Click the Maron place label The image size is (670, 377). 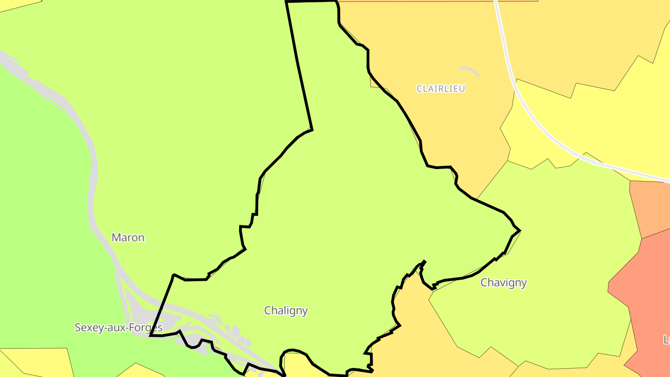pos(128,238)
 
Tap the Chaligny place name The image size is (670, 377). pos(286,310)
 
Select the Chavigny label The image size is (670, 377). pos(503,283)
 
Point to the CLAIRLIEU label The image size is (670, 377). pos(440,88)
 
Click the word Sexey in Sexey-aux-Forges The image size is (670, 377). pos(88,328)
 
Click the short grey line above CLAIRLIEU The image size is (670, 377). pos(469,70)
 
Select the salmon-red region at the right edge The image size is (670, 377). pos(647,298)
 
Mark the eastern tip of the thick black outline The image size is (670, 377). pos(520,230)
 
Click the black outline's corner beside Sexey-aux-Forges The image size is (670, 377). pos(150,335)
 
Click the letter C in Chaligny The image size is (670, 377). pos(268,310)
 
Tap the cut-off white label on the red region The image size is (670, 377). pos(666,340)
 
